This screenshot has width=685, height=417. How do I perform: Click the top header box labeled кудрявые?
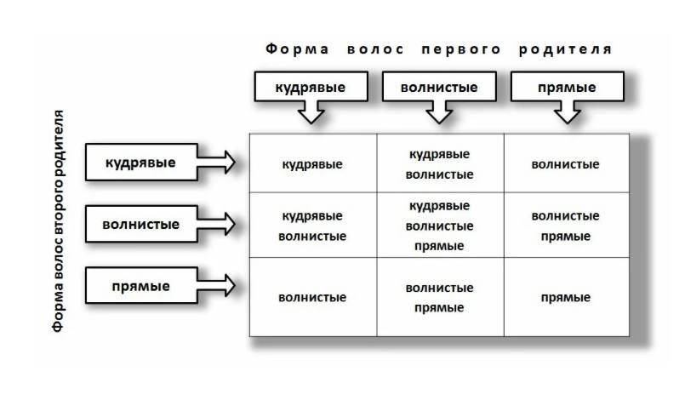pos(311,87)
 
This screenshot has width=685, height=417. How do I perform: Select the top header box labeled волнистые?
pos(439,87)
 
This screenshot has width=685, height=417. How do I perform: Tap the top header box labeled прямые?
pos(567,87)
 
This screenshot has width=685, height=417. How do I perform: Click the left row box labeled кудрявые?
pos(141,163)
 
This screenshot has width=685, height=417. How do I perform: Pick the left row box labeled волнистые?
pos(141,224)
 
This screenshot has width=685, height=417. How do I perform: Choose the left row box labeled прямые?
pos(141,286)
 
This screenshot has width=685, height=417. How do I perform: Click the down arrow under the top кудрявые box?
pos(311,112)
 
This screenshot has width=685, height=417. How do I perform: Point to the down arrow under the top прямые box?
pos(567,112)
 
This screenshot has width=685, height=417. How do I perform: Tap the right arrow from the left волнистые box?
pos(216,224)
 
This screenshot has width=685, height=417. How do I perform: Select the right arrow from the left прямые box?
pos(216,286)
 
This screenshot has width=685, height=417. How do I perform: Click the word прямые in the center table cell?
pos(439,246)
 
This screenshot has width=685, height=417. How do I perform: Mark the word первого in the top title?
pos(461,49)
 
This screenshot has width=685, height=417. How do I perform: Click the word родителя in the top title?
pos(565,49)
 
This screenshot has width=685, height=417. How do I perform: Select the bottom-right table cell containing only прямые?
pos(567,297)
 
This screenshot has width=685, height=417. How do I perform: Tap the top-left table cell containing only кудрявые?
pos(313,163)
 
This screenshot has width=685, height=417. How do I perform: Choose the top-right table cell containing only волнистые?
pos(567,163)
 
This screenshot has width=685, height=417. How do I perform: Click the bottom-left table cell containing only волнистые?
pos(313,297)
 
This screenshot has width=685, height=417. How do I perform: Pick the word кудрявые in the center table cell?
pos(439,206)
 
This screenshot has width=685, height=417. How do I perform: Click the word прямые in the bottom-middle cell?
pos(439,308)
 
